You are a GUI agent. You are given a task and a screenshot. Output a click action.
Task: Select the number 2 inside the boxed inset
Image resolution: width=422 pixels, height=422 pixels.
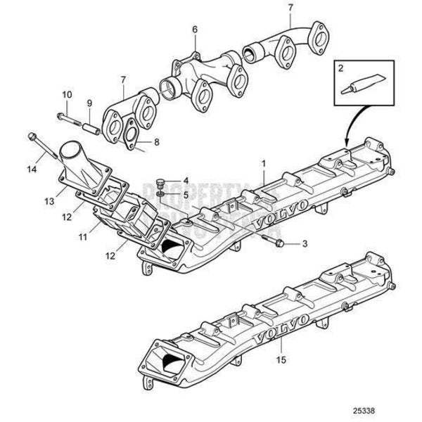pos(340,68)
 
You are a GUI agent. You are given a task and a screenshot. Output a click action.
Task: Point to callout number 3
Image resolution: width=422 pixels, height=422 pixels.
pos(305,244)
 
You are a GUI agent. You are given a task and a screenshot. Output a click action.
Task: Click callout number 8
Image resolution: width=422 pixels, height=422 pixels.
pos(156,141)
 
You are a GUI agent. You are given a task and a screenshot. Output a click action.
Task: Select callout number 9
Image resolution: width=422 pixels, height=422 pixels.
pos(89,103)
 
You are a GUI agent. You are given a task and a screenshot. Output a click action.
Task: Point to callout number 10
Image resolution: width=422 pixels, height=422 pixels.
pos(67,94)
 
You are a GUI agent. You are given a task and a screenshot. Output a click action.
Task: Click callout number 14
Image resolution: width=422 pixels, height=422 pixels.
pos(30,169)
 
